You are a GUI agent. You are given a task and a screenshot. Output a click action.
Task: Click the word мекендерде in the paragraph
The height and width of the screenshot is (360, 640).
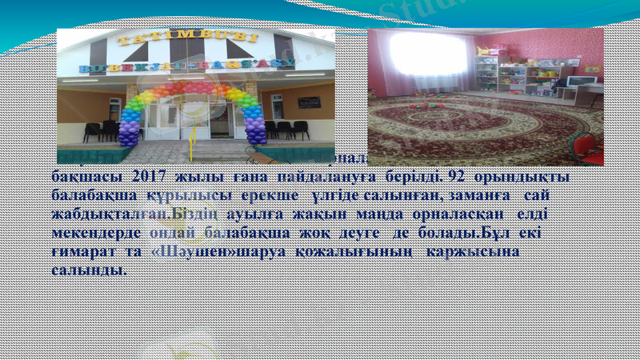(94, 233)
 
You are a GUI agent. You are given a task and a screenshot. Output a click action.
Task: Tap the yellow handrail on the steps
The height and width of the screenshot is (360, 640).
(190, 144)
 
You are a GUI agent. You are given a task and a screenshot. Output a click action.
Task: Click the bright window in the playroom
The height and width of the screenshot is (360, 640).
(428, 58)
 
